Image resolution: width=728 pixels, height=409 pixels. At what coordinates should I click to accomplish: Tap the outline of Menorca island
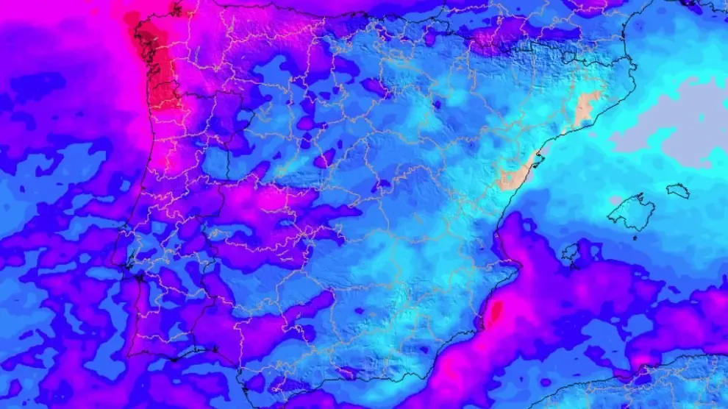tap(678, 191)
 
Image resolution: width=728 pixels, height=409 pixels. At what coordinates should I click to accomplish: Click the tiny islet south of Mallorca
tap(635, 237)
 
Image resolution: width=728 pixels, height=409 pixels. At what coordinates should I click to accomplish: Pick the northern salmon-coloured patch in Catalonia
tap(585, 109)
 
